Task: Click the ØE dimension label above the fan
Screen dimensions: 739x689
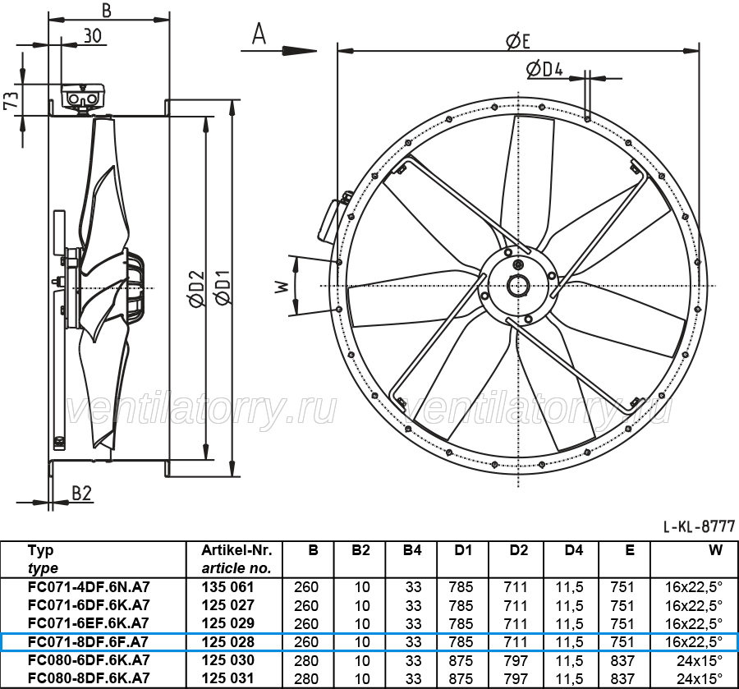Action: click(x=518, y=40)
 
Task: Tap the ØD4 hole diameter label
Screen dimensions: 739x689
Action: click(x=544, y=70)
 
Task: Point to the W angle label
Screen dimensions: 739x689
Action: click(x=282, y=286)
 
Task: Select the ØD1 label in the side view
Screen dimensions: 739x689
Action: click(x=222, y=287)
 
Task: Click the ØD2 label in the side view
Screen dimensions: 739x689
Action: click(x=197, y=287)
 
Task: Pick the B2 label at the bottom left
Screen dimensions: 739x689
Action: click(x=81, y=493)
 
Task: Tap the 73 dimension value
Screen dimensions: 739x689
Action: click(x=11, y=99)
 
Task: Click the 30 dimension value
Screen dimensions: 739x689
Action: click(x=93, y=35)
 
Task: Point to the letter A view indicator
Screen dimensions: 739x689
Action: click(x=259, y=34)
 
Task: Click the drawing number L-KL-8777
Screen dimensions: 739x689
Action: click(x=700, y=526)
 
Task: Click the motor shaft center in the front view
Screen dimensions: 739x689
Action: click(x=518, y=286)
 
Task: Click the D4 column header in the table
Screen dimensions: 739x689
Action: click(x=573, y=550)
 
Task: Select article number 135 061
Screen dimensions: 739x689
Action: click(x=227, y=587)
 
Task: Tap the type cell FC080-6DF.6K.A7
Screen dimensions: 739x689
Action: click(x=89, y=659)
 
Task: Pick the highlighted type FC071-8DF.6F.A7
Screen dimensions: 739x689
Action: click(x=88, y=642)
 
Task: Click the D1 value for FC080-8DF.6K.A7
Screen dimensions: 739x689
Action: click(x=461, y=678)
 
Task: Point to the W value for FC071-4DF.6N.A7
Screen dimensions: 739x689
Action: click(x=693, y=587)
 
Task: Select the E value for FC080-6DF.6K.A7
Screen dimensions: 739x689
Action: click(x=622, y=660)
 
